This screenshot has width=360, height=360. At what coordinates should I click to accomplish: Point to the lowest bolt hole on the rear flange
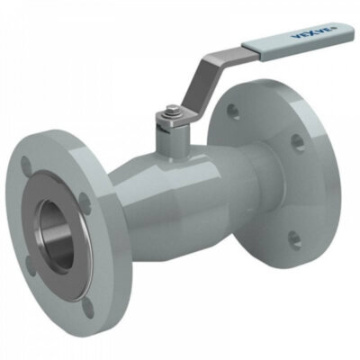[x=292, y=238]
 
